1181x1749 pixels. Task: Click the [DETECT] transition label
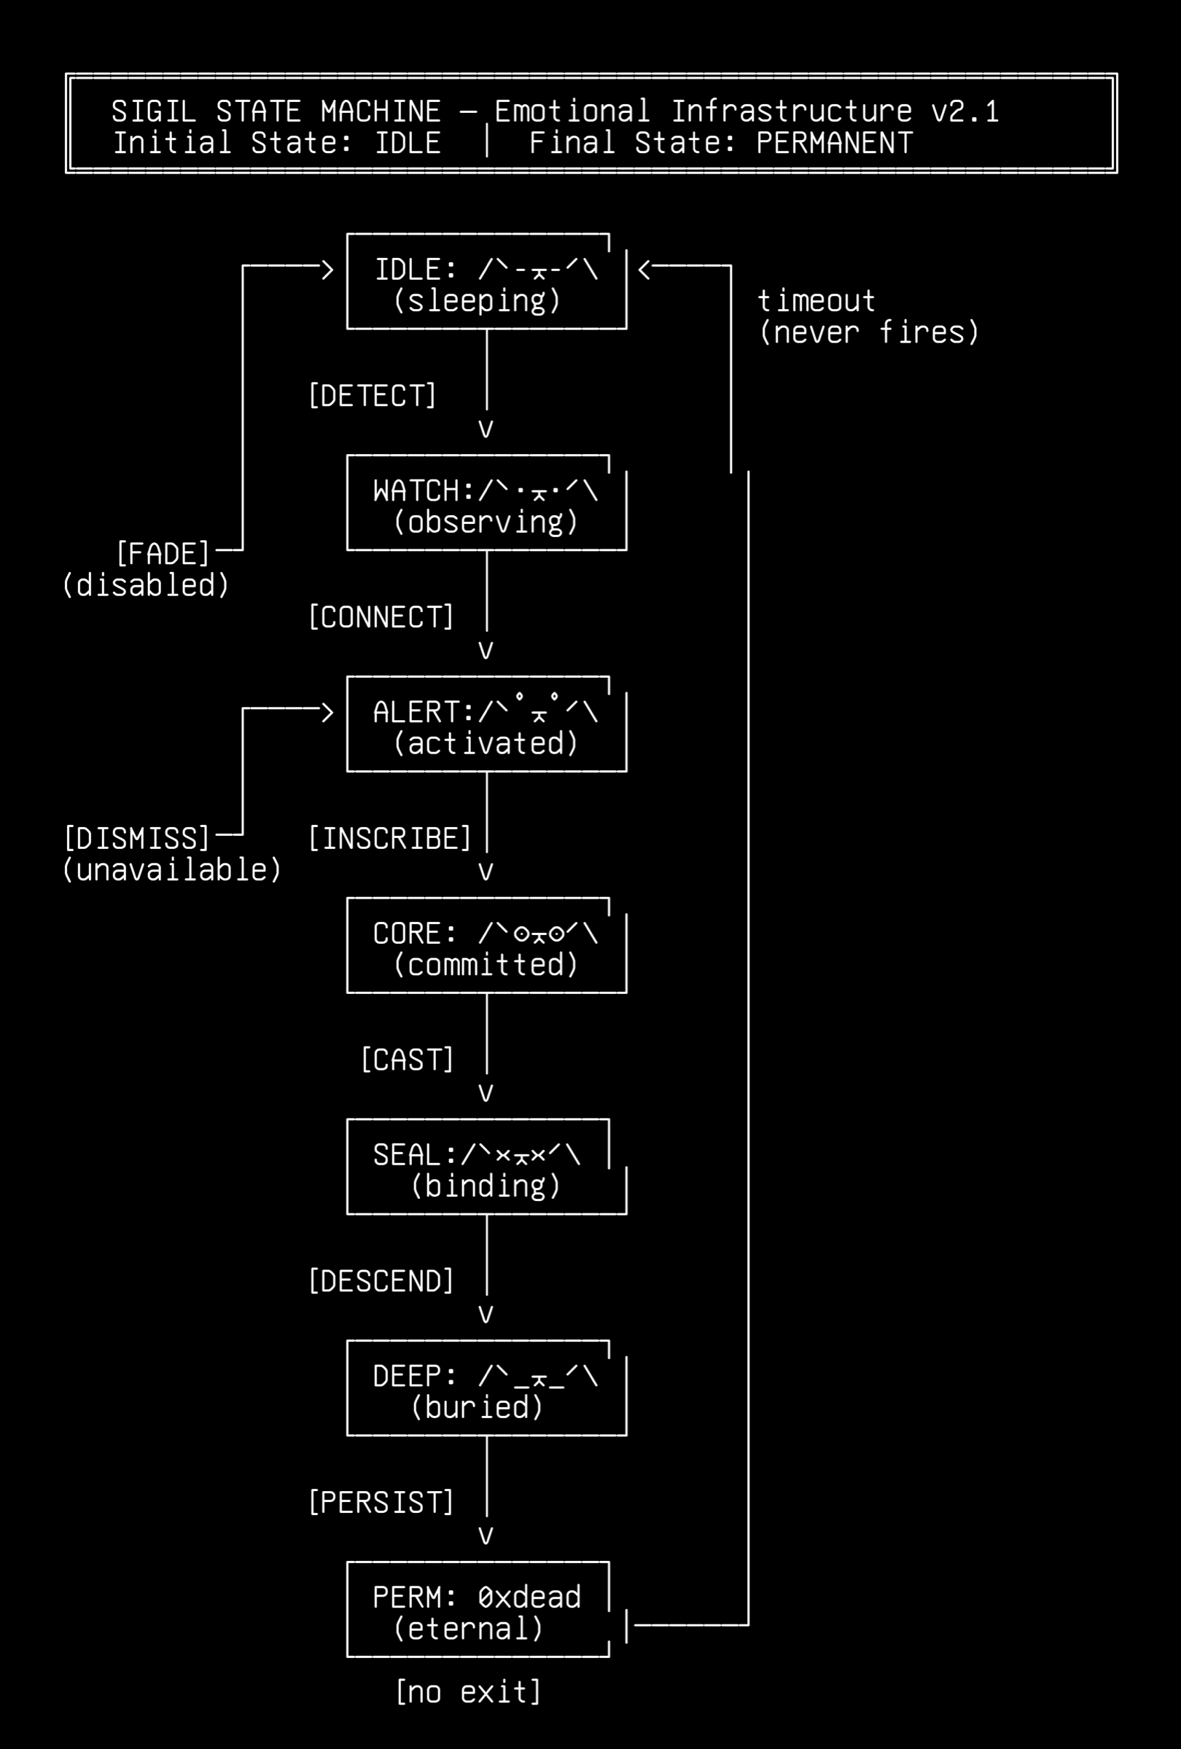click(x=373, y=396)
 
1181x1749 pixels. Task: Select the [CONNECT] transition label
click(x=381, y=617)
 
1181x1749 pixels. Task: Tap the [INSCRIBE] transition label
click(x=390, y=838)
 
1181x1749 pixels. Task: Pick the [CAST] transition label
click(x=408, y=1060)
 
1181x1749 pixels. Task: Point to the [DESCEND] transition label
click(x=381, y=1281)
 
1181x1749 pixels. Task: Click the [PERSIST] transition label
click(x=381, y=1502)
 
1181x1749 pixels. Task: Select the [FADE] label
click(x=163, y=554)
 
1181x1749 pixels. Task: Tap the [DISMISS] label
click(x=137, y=838)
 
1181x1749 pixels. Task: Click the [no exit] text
click(x=468, y=1692)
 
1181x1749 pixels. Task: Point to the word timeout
click(x=816, y=301)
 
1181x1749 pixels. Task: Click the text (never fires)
click(x=870, y=332)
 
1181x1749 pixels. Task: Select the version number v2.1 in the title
click(x=966, y=111)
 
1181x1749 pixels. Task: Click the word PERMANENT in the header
click(x=835, y=143)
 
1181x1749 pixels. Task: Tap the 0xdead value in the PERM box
click(x=530, y=1597)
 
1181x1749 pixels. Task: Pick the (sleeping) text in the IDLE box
click(x=478, y=301)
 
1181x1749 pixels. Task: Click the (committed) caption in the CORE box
click(x=486, y=965)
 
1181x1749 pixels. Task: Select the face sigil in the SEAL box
click(x=521, y=1154)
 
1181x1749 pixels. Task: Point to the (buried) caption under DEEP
click(x=478, y=1407)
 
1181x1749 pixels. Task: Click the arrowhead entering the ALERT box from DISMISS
click(x=327, y=712)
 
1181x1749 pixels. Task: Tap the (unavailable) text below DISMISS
click(x=172, y=870)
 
